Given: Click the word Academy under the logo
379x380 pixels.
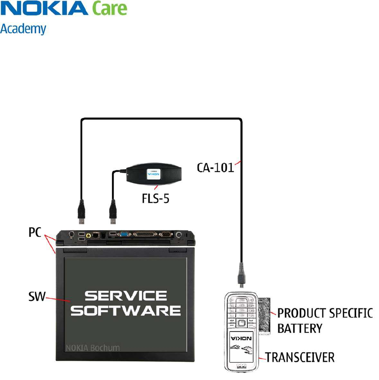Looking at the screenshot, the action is pos(23,29).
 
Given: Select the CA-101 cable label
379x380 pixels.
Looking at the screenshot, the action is pos(215,167).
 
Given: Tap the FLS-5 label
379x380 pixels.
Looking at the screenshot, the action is pos(155,198).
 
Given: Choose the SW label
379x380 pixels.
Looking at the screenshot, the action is pos(36,296).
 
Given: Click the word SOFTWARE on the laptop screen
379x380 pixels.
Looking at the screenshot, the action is pos(128,311).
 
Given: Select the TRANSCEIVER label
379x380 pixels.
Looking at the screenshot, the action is pos(300,357).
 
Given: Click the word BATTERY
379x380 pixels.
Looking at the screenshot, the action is pos(300,328).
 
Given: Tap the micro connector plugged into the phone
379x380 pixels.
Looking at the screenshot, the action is pos(241,277).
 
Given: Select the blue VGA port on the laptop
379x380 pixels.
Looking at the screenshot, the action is pos(124,234).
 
